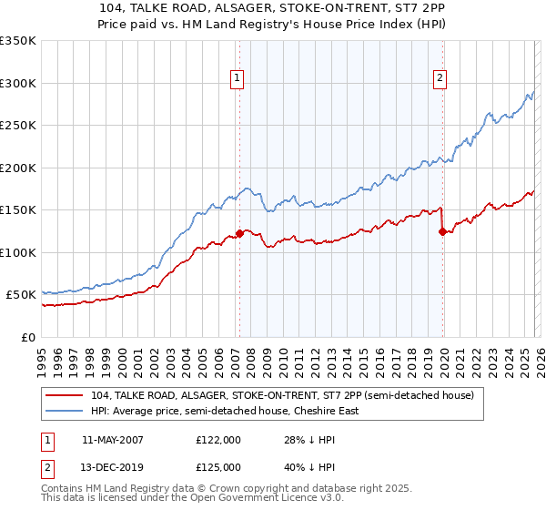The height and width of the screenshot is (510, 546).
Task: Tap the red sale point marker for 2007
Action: (x=239, y=233)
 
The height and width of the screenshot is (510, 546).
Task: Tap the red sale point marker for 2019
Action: (x=442, y=231)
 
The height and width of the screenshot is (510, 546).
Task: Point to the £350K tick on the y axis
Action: (x=18, y=41)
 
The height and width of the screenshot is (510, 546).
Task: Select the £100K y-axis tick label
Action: (x=18, y=252)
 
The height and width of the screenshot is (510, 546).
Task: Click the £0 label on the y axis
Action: (x=27, y=337)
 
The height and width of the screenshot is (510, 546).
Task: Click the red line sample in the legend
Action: (x=66, y=396)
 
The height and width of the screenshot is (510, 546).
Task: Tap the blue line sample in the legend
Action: (x=66, y=411)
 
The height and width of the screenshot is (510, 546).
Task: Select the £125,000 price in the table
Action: (x=218, y=466)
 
